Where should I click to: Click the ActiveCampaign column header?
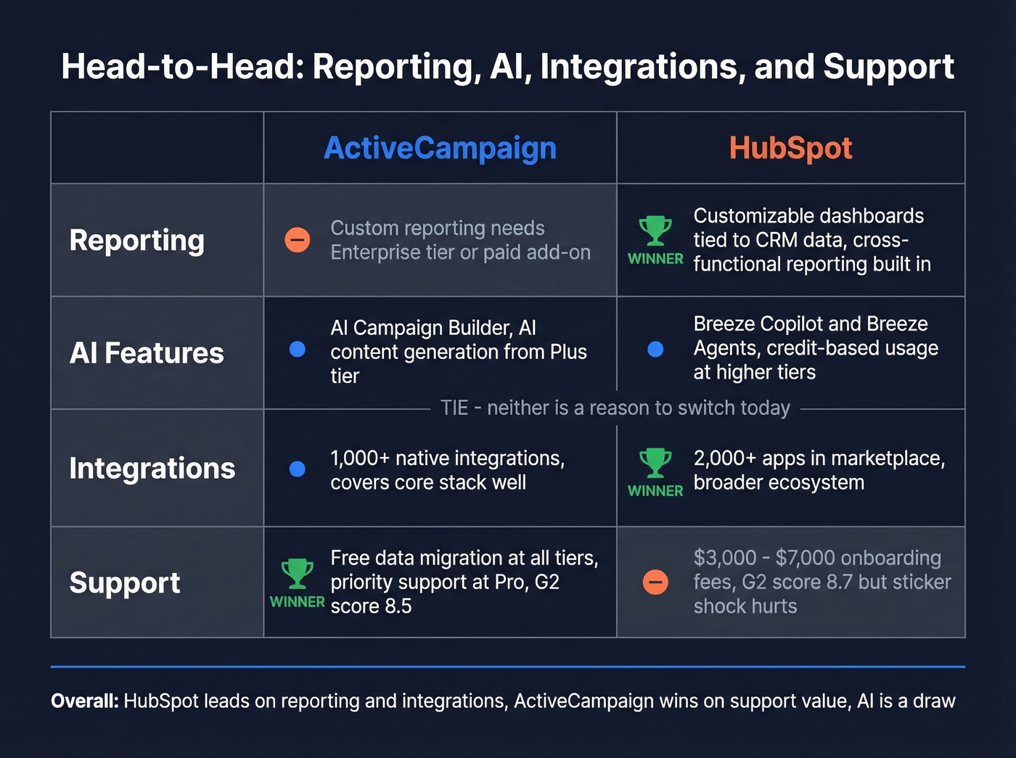pos(440,148)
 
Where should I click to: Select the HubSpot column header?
pos(790,148)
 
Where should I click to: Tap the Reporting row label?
pos(136,240)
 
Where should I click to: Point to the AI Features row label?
pos(147,353)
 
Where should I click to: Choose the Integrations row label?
pos(152,469)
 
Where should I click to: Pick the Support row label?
pos(125,582)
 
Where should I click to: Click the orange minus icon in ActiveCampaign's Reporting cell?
pos(297,239)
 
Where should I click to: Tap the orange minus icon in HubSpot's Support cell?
pos(655,582)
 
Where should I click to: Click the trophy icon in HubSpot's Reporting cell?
pos(655,230)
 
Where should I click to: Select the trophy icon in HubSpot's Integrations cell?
pos(655,462)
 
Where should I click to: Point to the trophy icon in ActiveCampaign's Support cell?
pos(297,573)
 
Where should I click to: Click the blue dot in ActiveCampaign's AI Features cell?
pos(297,350)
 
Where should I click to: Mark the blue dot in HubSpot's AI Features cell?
pos(655,350)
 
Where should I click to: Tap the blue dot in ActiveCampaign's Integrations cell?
pos(297,469)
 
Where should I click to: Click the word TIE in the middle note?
pos(454,408)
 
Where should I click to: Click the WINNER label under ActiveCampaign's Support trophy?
pos(297,602)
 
